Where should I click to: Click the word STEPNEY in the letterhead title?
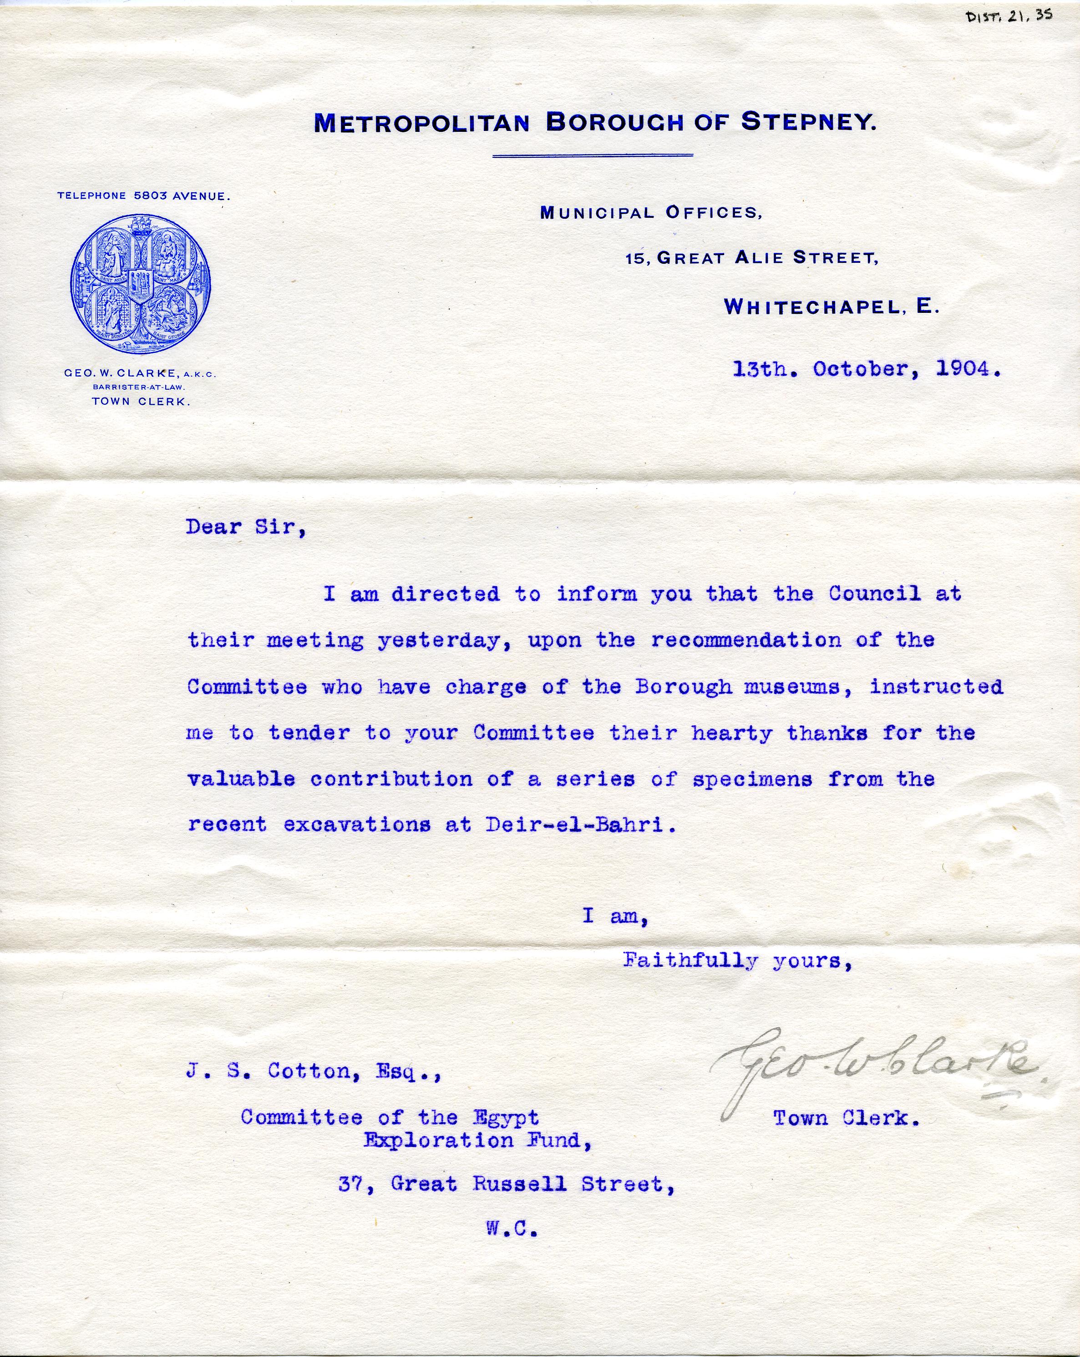click(808, 121)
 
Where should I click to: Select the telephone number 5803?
click(150, 196)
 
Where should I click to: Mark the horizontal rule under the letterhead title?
click(592, 155)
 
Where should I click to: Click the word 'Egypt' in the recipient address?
click(506, 1117)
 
